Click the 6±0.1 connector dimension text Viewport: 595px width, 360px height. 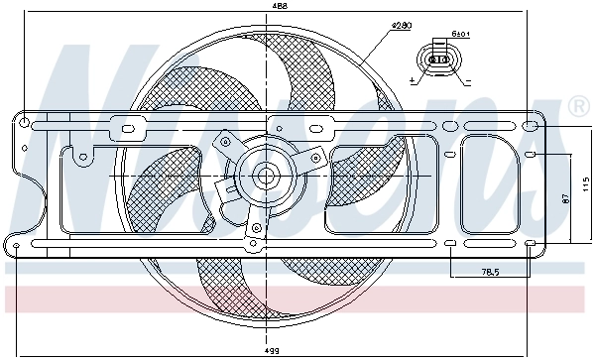460,35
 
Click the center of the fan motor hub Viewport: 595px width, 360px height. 266,177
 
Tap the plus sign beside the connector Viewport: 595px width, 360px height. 411,76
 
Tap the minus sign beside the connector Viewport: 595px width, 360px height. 466,76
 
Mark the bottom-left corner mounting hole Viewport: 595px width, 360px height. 18,244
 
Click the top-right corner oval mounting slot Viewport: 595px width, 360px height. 531,126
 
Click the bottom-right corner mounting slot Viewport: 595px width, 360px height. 531,243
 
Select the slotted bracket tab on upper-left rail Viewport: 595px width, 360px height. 126,128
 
